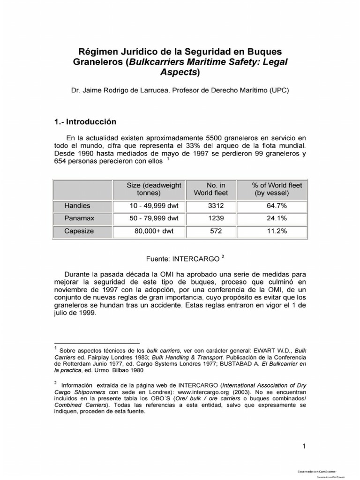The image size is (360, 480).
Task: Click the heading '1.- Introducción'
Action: point(85,121)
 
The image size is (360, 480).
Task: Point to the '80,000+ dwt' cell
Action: point(154,231)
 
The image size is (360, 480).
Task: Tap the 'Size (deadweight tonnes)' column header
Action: point(154,189)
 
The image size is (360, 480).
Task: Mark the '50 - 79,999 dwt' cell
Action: point(154,218)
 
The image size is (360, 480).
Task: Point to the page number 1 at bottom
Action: point(304,446)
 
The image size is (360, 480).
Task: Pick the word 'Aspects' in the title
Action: point(178,72)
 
